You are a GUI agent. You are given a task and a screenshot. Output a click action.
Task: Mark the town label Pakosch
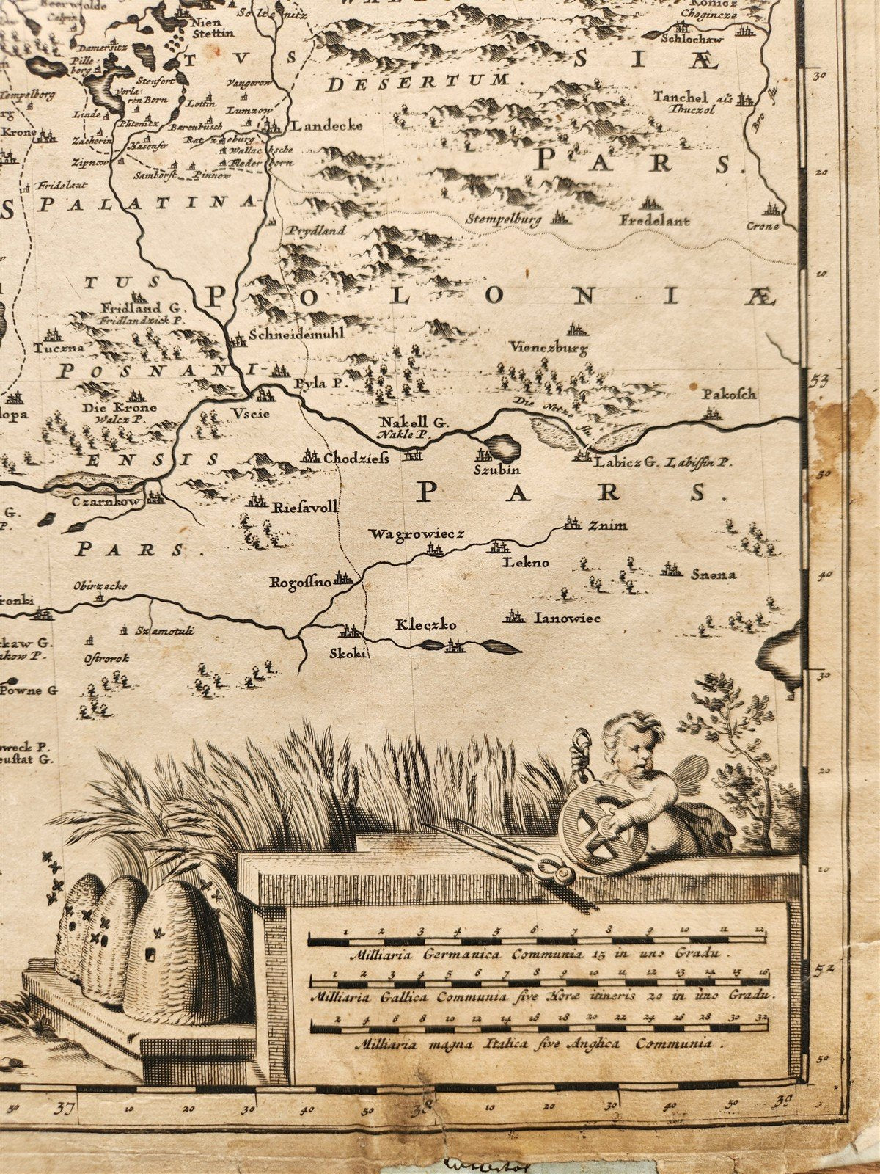click(x=728, y=394)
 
